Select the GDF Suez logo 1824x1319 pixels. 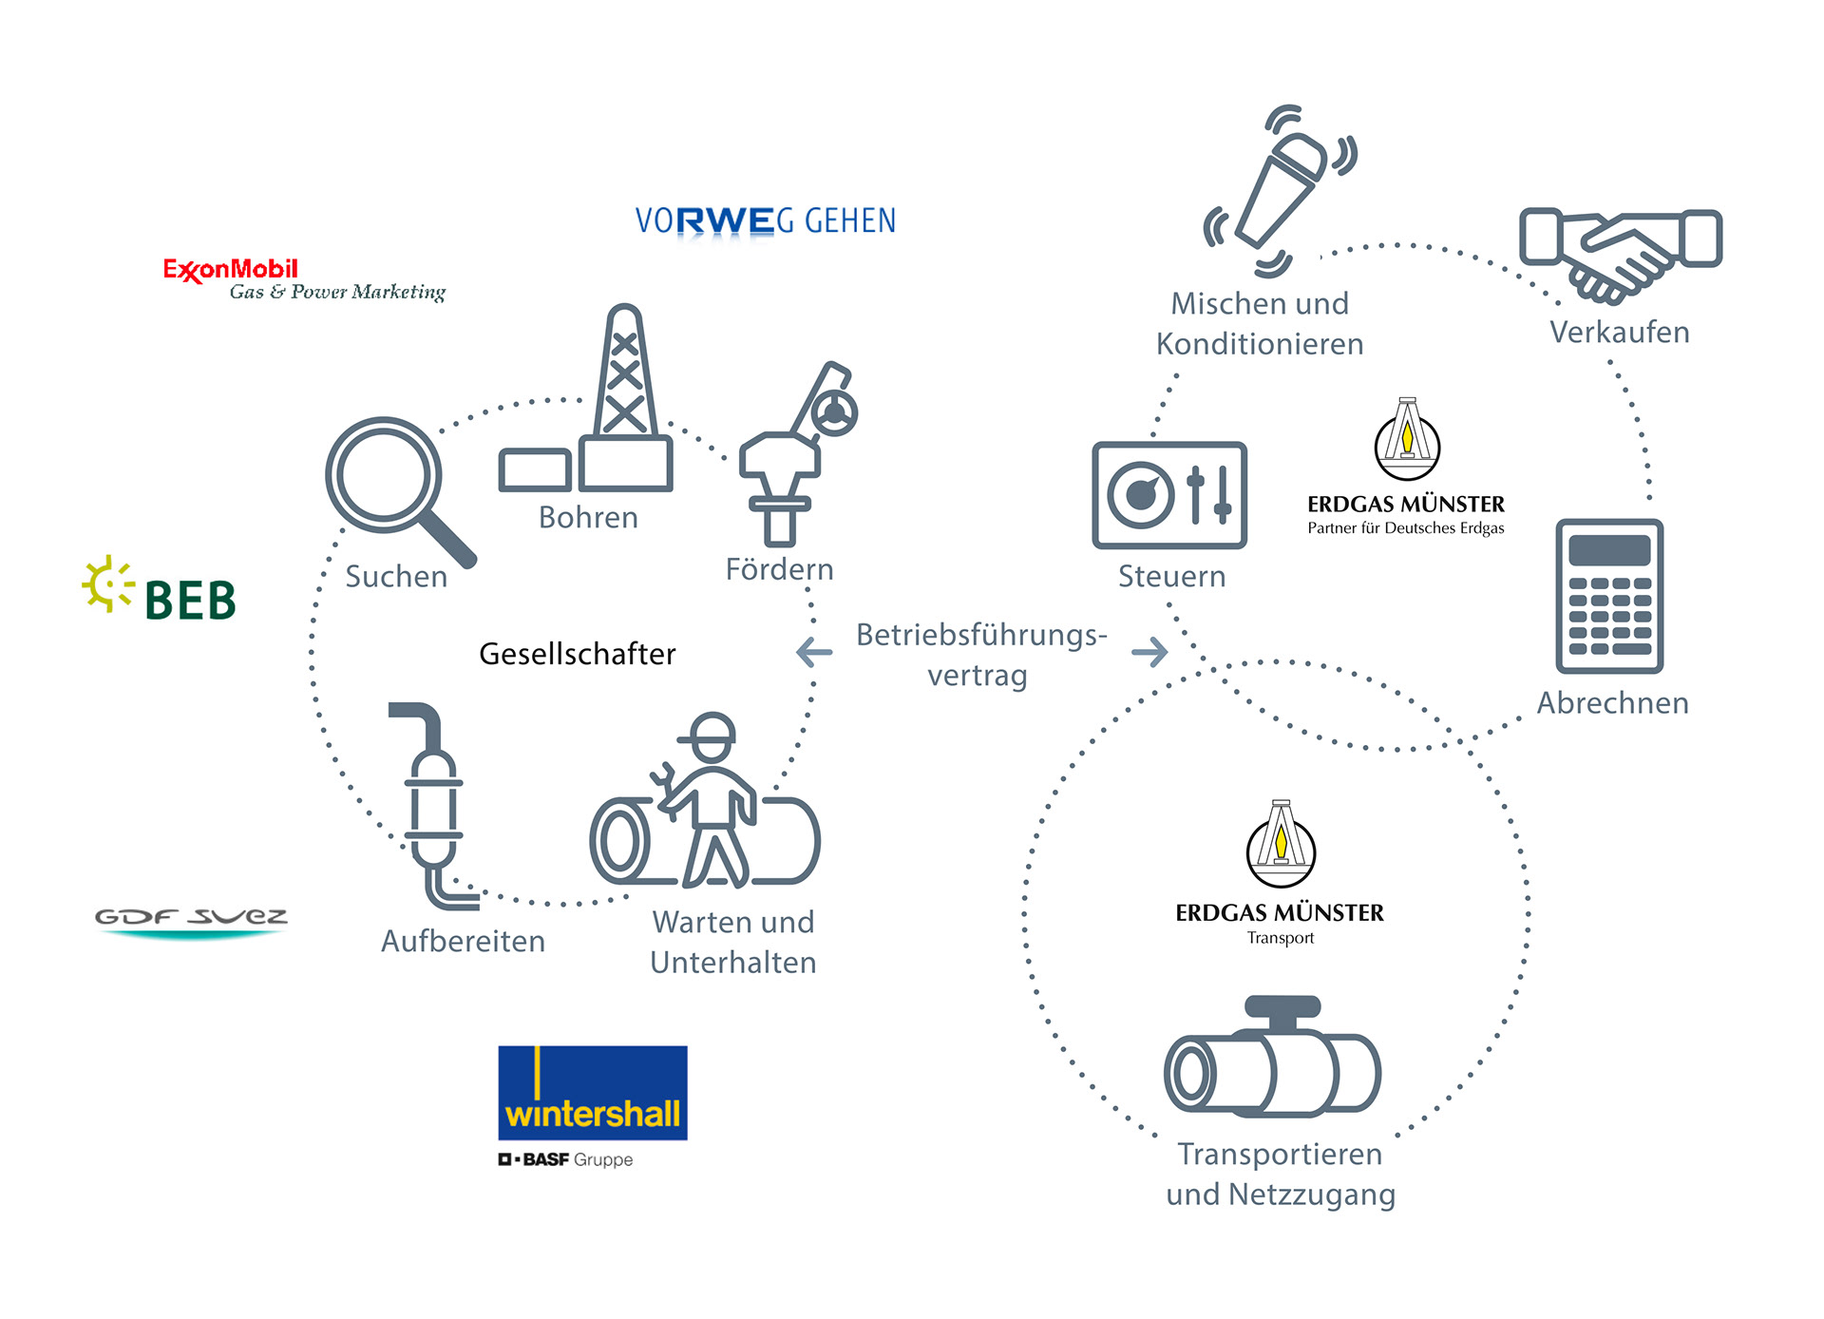click(191, 920)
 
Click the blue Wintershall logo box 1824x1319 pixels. click(592, 1093)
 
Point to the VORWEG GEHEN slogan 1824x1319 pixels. click(765, 221)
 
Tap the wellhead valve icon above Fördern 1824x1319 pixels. click(793, 456)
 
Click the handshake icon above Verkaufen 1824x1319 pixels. click(1620, 252)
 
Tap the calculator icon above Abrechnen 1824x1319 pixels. click(1609, 596)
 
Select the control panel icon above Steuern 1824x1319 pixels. click(1169, 495)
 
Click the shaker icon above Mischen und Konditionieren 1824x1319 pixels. click(1281, 190)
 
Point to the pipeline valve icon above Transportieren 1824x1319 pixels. click(1273, 1060)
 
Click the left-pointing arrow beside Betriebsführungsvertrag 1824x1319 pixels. click(814, 652)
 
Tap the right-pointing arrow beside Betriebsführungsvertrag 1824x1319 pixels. click(1149, 652)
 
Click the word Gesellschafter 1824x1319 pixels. click(577, 654)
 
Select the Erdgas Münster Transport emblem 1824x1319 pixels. click(1281, 846)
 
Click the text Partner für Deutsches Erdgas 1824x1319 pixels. click(1405, 528)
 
